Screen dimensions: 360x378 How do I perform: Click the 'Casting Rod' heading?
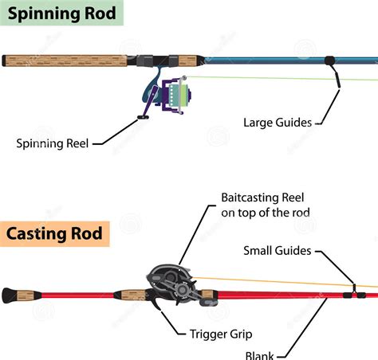[53, 234]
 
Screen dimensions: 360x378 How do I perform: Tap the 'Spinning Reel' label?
[53, 143]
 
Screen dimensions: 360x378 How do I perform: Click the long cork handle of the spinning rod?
[68, 61]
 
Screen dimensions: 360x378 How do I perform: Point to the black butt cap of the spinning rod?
[5, 61]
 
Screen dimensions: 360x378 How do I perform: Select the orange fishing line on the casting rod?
[271, 280]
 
